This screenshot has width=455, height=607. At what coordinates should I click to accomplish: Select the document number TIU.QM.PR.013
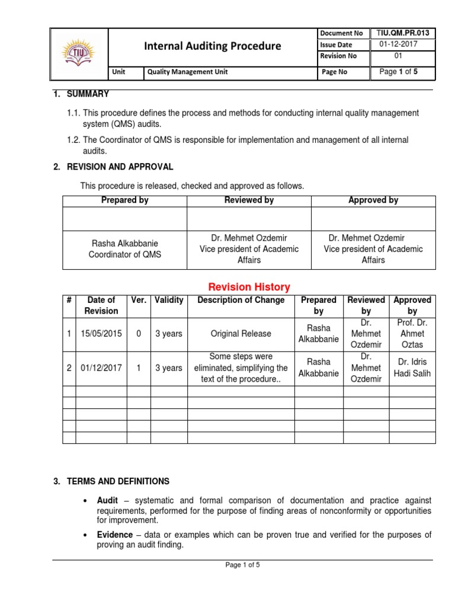tap(403, 33)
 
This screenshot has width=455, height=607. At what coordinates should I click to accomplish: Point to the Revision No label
tap(338, 56)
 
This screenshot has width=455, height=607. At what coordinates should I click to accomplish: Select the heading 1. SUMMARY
tap(81, 94)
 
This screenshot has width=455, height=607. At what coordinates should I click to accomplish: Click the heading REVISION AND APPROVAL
tap(117, 167)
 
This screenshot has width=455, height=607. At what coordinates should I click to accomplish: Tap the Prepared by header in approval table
tap(124, 200)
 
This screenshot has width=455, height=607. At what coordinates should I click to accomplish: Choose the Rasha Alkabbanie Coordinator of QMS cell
tap(124, 249)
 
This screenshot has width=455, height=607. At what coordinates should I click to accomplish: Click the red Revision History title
tap(248, 287)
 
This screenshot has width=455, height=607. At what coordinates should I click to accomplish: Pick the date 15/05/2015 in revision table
tap(101, 334)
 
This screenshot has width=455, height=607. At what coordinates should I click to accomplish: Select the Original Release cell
tap(241, 334)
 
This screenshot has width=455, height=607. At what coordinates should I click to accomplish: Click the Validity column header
tap(169, 300)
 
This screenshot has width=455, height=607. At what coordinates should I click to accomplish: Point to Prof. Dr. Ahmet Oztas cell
tap(412, 334)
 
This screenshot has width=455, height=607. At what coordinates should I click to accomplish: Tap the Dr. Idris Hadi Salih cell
tap(412, 368)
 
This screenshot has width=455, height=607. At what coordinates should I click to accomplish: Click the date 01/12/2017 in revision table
tap(101, 368)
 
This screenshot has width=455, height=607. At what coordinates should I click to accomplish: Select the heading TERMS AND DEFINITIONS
tap(115, 481)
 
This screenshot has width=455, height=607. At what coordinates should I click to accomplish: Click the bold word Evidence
tap(115, 535)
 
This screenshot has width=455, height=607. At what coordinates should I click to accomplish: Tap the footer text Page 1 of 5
tap(243, 565)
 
